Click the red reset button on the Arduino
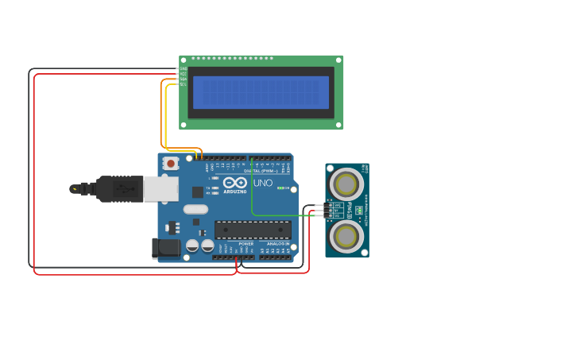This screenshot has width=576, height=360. [x=170, y=163]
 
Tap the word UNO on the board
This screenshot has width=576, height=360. [x=263, y=183]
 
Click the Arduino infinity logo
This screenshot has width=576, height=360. [x=234, y=183]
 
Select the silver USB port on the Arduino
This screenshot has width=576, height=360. [x=160, y=188]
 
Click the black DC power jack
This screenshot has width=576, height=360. [x=166, y=248]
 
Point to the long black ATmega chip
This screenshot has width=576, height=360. [x=253, y=230]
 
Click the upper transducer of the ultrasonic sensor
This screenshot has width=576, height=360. [x=346, y=184]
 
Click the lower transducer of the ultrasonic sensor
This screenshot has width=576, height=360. [x=346, y=235]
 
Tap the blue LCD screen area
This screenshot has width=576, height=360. [x=261, y=92]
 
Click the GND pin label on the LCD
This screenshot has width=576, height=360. [x=184, y=68]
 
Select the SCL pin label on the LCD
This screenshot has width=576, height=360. [x=184, y=84]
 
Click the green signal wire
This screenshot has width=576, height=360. [x=252, y=195]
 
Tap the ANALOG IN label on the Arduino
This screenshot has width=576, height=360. [x=277, y=244]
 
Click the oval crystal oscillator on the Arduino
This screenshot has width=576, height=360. [x=195, y=210]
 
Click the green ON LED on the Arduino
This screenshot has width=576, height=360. [x=279, y=188]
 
